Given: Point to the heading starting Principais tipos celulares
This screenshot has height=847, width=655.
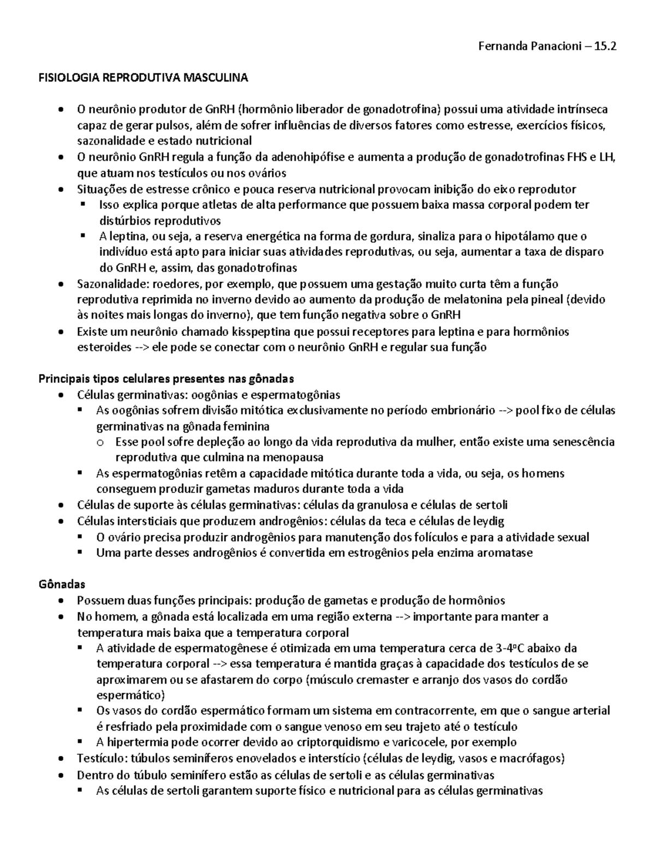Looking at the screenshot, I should point(166,379).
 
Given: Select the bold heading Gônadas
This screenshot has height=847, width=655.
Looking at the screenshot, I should point(62,584).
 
